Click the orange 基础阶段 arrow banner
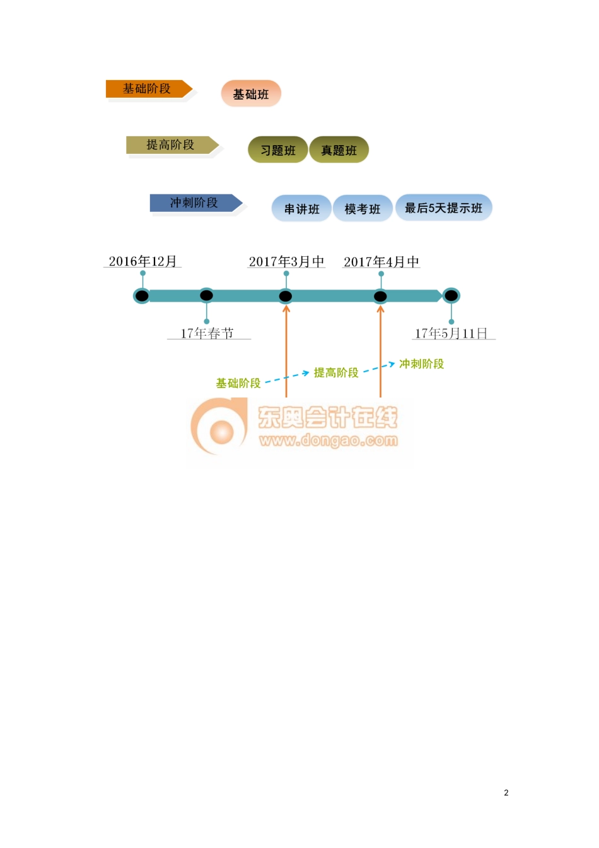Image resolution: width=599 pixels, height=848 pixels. [x=148, y=89]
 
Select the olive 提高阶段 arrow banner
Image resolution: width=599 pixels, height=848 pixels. [x=171, y=145]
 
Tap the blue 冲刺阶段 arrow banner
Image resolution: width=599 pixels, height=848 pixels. [x=194, y=203]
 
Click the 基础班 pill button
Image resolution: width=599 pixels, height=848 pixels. [x=251, y=94]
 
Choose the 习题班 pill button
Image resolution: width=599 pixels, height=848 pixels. [x=277, y=150]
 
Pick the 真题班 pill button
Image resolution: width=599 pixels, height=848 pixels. [x=339, y=150]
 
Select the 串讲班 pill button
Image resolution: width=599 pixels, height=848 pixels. [x=301, y=209]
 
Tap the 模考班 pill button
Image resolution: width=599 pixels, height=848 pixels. [x=363, y=209]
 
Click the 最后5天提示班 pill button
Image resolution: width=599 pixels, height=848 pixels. [x=443, y=208]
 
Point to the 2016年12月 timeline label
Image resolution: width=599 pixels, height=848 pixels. [x=142, y=261]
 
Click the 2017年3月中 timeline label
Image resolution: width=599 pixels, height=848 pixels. [x=286, y=261]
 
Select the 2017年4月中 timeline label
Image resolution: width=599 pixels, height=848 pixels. [x=381, y=261]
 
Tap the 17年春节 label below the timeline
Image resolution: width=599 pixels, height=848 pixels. [x=207, y=333]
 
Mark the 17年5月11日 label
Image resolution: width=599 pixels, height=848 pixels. [x=451, y=333]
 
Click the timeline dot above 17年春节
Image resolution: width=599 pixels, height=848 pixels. [x=206, y=295]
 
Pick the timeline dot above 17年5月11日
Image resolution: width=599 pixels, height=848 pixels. [x=451, y=295]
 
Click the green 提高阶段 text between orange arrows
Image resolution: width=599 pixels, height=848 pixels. [x=336, y=373]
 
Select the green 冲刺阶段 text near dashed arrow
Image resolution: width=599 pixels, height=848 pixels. [x=421, y=364]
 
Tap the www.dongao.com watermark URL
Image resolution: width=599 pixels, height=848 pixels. [x=328, y=440]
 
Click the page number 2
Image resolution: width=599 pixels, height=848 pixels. [x=506, y=792]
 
